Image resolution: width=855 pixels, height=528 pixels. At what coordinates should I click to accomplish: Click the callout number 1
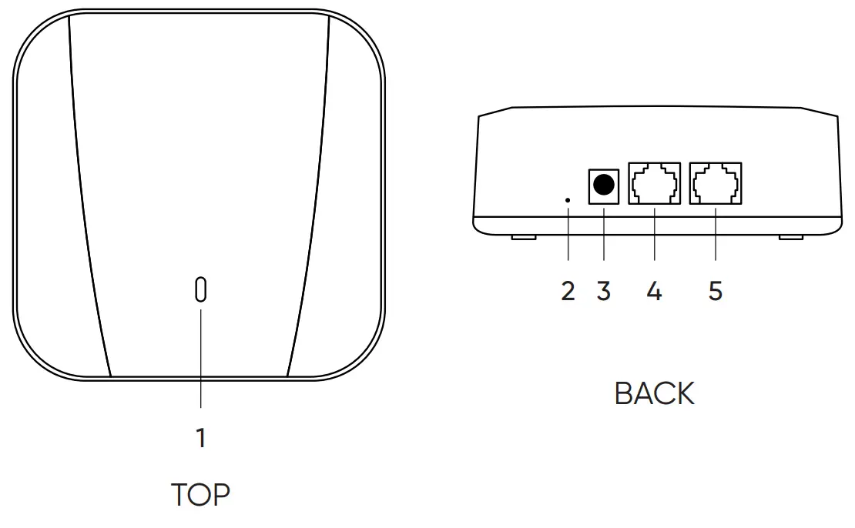201,438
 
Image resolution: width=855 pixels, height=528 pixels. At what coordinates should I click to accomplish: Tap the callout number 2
568,292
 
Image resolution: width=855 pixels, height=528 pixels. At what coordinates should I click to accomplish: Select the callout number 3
604,292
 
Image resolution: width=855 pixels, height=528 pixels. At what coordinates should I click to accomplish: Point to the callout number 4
654,292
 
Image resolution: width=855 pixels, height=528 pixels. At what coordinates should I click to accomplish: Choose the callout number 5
716,292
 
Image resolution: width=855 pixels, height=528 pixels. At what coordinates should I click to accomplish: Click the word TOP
200,495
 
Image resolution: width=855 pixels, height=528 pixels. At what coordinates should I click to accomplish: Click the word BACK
654,393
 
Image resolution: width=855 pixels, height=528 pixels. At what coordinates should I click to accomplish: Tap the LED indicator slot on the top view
201,289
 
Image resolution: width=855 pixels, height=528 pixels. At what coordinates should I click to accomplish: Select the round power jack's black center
605,185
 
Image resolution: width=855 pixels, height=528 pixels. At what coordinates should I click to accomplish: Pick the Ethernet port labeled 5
716,184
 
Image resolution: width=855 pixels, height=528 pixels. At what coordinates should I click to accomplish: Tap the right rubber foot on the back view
790,236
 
